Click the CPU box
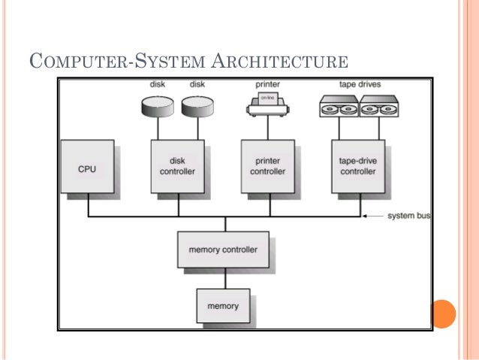point(88,168)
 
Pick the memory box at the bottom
point(223,306)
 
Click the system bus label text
point(408,216)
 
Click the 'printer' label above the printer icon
point(268,85)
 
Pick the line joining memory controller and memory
point(223,278)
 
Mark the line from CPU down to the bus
point(88,207)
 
